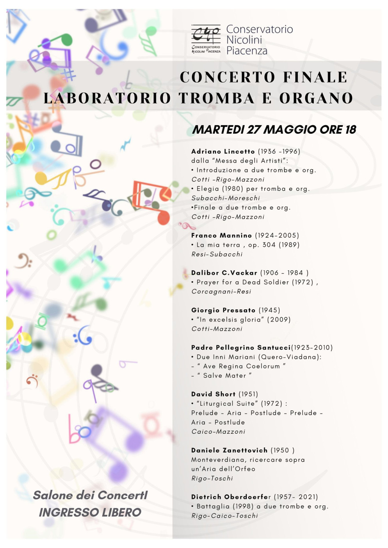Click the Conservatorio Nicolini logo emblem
point(206,39)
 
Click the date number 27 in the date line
point(254,129)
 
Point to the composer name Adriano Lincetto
point(223,151)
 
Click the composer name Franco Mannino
point(221,236)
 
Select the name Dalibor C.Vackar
point(224,273)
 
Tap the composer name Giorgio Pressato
point(223,310)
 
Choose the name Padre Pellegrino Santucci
point(241,348)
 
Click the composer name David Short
point(213,394)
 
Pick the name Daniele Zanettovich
point(229,450)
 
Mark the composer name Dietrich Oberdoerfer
point(231,497)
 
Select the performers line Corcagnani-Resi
point(221,292)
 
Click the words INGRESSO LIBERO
point(90,513)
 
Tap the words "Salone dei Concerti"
point(90,495)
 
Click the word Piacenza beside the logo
point(247,51)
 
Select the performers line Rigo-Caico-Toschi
point(224,516)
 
